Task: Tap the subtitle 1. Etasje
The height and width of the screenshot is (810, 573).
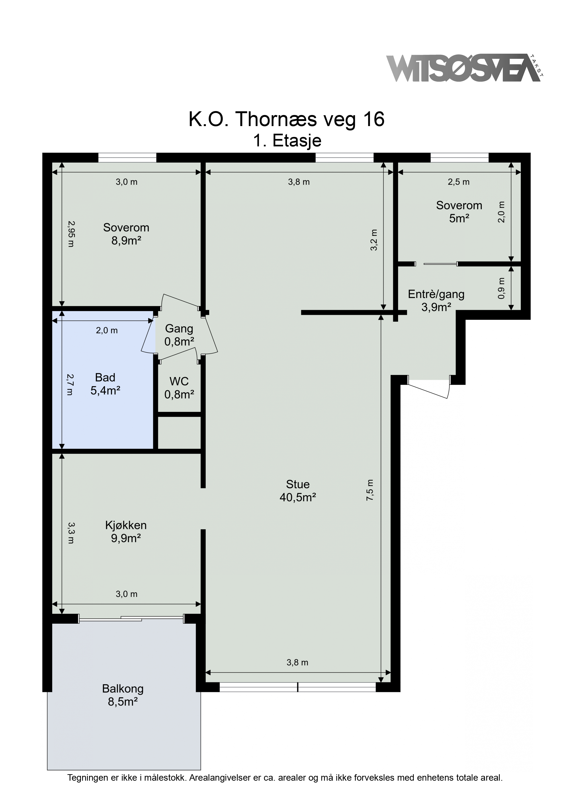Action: (287, 141)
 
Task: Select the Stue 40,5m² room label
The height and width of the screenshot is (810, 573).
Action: (298, 490)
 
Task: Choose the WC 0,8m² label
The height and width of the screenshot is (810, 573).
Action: (179, 388)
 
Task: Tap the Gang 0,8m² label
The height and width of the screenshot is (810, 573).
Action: (179, 335)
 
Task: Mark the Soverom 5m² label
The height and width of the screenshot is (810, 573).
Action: (459, 212)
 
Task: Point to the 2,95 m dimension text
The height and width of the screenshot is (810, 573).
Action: (71, 233)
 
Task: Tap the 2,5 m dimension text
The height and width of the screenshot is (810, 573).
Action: (459, 182)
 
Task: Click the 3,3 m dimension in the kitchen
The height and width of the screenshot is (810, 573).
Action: (71, 533)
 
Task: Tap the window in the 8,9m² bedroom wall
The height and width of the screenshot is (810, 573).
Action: (127, 158)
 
